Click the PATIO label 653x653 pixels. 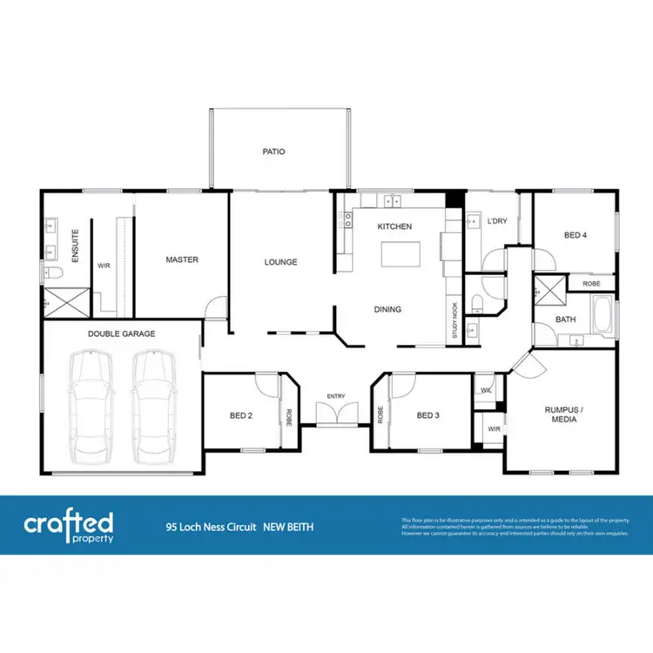(273, 151)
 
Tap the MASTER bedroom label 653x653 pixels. (182, 259)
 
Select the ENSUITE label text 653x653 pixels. (76, 246)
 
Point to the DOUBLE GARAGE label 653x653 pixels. (121, 333)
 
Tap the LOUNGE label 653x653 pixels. (281, 262)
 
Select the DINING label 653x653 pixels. (387, 309)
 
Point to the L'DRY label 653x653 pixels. (497, 221)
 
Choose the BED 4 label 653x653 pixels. (576, 235)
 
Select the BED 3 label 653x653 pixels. (427, 415)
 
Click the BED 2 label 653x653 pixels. (241, 415)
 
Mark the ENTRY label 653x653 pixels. (336, 397)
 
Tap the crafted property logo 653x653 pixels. (69, 526)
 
